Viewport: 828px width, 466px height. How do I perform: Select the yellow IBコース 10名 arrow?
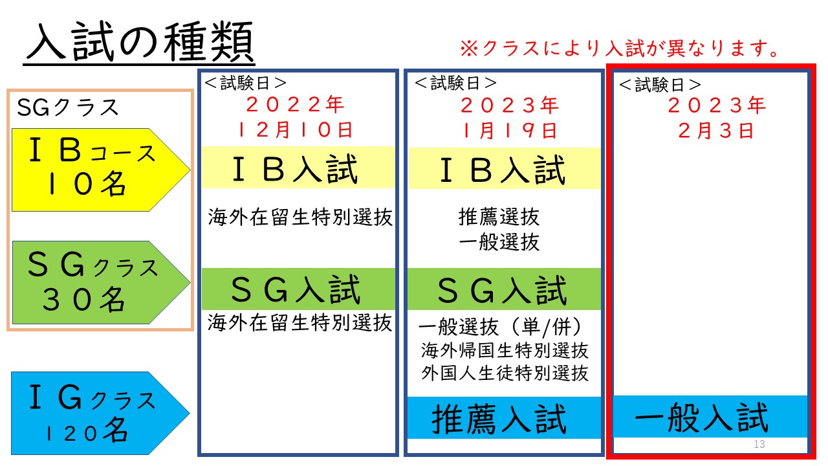[x=100, y=170]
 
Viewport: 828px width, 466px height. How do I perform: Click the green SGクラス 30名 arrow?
[x=100, y=282]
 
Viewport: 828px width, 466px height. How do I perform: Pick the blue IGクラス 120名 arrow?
[x=100, y=413]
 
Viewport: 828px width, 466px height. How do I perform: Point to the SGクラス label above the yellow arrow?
[x=68, y=107]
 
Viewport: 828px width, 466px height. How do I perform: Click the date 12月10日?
[x=294, y=130]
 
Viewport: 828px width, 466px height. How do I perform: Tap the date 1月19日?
[x=509, y=131]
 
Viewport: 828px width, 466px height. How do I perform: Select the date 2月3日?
[x=716, y=131]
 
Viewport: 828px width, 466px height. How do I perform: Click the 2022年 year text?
[x=295, y=104]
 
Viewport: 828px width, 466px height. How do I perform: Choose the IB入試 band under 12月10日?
[x=298, y=168]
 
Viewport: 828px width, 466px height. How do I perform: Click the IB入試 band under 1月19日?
[x=504, y=169]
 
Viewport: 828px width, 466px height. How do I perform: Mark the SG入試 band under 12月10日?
[x=298, y=289]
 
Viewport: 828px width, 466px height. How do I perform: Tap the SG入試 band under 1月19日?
[x=504, y=289]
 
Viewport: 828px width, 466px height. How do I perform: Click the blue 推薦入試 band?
[x=504, y=417]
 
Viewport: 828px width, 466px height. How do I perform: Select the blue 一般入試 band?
[x=710, y=416]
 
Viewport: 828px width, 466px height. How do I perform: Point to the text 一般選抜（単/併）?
[x=501, y=327]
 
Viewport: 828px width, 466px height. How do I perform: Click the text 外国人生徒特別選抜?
[x=505, y=373]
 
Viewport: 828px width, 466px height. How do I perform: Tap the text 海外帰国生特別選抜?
[x=505, y=350]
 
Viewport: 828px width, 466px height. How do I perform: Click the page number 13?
[x=759, y=444]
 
